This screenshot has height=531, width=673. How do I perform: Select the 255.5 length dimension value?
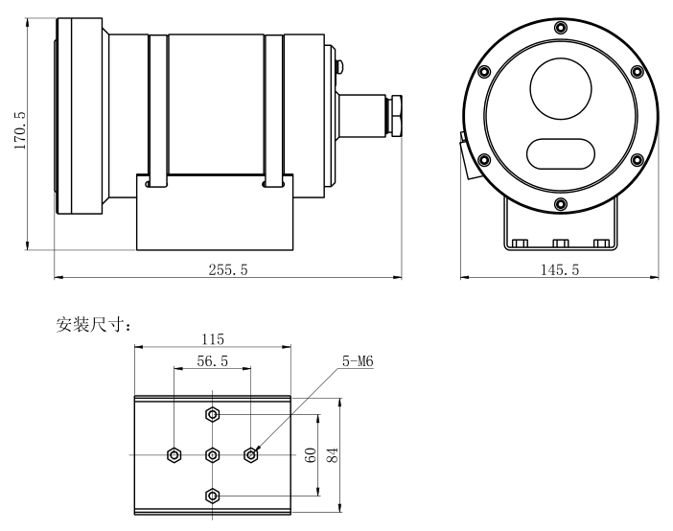(x=228, y=270)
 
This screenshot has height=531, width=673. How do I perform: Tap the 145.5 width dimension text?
(x=560, y=270)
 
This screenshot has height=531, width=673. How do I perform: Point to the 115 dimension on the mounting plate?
(x=212, y=338)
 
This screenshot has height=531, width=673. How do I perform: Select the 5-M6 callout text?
(x=357, y=361)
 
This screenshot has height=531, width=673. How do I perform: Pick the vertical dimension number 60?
(x=311, y=454)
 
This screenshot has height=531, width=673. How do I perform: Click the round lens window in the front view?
(x=561, y=91)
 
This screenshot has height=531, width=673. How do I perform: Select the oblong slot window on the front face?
(x=560, y=151)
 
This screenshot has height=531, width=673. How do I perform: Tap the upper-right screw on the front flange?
(x=638, y=71)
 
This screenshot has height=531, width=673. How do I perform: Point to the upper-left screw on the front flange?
(x=484, y=71)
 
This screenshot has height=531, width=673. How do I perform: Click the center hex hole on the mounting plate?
(x=212, y=454)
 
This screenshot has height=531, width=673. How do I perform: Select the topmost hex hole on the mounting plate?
(x=212, y=414)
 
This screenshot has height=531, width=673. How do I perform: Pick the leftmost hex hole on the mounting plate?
(x=174, y=454)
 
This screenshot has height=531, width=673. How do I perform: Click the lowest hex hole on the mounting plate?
(x=212, y=495)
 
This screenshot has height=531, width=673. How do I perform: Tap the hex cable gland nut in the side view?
(x=396, y=113)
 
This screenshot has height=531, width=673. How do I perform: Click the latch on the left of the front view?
(x=465, y=156)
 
